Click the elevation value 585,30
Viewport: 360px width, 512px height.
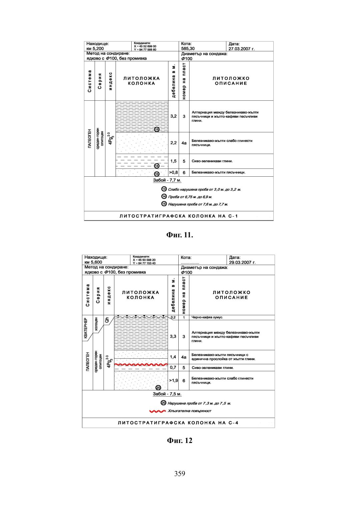[188, 49]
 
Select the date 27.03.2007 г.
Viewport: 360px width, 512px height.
[241, 49]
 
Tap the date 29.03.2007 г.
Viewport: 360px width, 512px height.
[242, 262]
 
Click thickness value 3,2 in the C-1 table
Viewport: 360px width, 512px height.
[173, 116]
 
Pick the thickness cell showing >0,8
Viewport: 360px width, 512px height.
[173, 173]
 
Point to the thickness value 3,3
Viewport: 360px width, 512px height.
[173, 336]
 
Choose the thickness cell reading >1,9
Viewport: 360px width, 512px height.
[173, 380]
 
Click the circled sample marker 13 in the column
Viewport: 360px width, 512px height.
[157, 129]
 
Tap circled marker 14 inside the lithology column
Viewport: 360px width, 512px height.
[157, 166]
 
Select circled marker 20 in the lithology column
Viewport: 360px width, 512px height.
[158, 387]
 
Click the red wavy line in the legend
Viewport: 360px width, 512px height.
[158, 411]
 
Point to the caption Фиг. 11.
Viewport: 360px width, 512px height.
[180, 235]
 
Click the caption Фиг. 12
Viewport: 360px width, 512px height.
[180, 441]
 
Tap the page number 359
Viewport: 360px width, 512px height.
[179, 474]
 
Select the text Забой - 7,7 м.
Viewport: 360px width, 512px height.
[167, 180]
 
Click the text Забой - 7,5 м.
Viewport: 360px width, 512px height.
[167, 394]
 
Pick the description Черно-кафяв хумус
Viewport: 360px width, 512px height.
[207, 317]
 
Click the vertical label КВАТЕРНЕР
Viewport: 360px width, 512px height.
[86, 328]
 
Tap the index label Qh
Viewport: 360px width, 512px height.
[107, 320]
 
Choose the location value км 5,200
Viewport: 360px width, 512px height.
[95, 49]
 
